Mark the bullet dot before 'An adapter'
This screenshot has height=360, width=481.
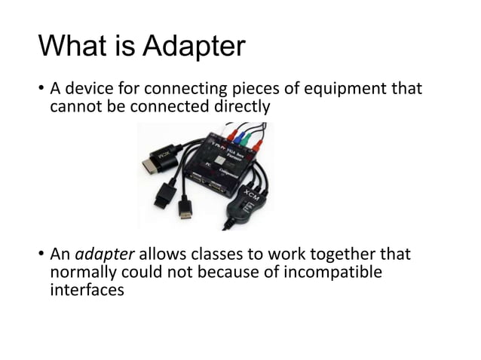pyautogui.click(x=41, y=255)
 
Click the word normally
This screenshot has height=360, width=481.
pyautogui.click(x=84, y=271)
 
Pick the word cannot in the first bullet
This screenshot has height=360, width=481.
pyautogui.click(x=73, y=107)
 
